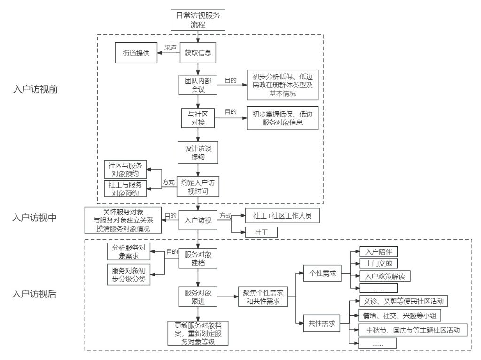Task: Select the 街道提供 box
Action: pos(136,53)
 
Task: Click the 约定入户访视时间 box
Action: pos(198,187)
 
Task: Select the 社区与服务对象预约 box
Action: pos(124,169)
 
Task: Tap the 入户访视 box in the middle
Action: pos(198,220)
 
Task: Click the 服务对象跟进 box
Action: pos(198,297)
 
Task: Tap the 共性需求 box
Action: pos(322,324)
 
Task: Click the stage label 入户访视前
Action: pos(36,90)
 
